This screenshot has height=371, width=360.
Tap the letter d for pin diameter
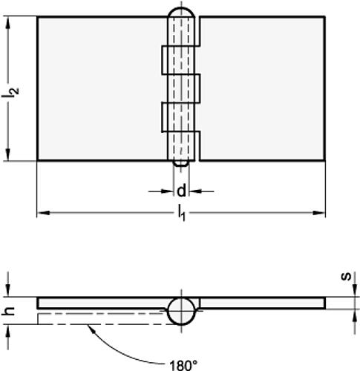click(x=180, y=189)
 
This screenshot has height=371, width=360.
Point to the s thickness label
click(x=346, y=278)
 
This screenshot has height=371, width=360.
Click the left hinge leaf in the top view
click(x=100, y=88)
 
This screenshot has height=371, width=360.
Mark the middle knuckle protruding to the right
click(x=194, y=88)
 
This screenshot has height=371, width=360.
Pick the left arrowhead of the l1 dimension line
click(x=42, y=214)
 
